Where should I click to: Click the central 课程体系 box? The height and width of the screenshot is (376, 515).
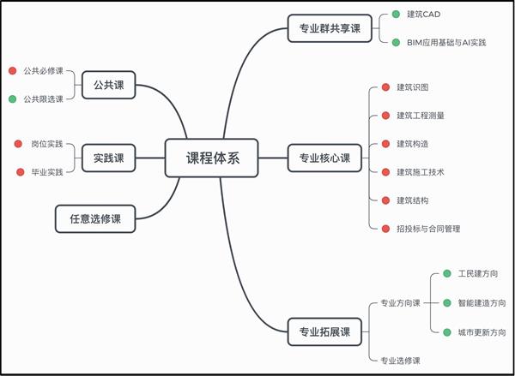[211, 158]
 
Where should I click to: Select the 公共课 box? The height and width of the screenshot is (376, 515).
[109, 85]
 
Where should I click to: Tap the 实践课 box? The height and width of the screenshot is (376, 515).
[109, 158]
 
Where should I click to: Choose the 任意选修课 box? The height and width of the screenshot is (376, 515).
[95, 219]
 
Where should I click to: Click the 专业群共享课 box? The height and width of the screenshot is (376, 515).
[330, 28]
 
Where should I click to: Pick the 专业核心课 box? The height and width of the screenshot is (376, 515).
[324, 158]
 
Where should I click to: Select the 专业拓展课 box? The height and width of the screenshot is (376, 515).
[324, 331]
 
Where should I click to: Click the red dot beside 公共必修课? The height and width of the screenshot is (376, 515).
[13, 71]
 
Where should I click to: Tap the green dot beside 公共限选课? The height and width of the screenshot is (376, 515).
[13, 99]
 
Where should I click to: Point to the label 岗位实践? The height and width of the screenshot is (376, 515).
[47, 144]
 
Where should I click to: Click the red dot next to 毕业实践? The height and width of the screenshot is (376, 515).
[21, 172]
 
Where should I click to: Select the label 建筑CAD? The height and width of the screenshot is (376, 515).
[424, 15]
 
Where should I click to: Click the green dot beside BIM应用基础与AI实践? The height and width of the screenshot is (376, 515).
[396, 43]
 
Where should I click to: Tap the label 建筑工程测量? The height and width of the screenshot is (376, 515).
[421, 116]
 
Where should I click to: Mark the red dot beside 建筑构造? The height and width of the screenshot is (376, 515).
[385, 144]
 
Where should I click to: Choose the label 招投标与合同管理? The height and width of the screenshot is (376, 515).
[428, 229]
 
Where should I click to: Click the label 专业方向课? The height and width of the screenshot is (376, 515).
[400, 303]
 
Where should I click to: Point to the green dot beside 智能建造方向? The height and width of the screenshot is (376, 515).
[447, 303]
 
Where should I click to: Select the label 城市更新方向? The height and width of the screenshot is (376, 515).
[482, 332]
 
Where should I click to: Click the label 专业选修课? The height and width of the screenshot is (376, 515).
[400, 361]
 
